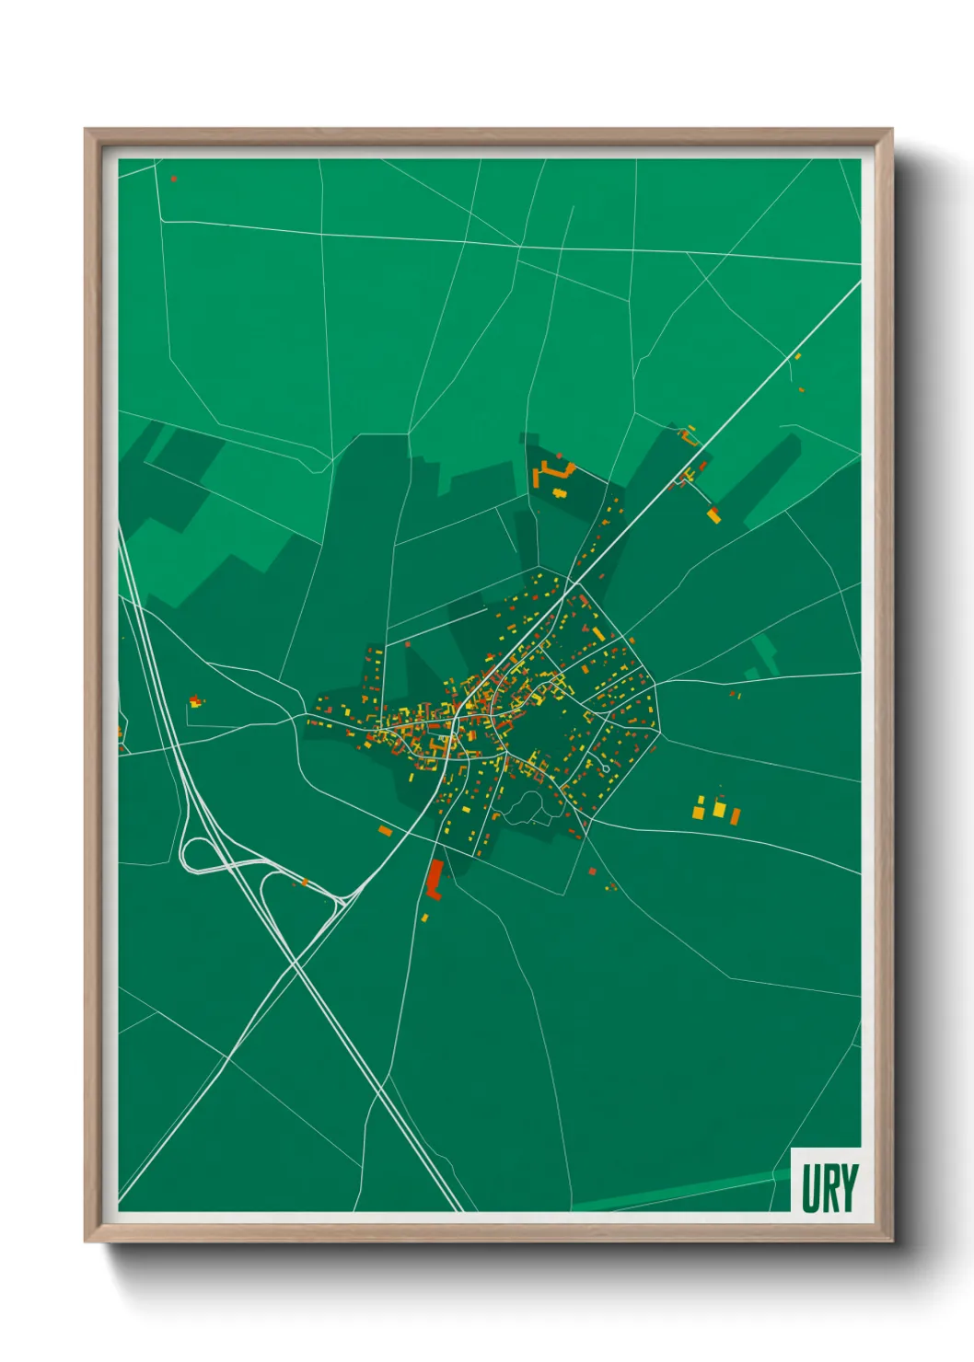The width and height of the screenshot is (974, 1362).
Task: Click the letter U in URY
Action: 810,1188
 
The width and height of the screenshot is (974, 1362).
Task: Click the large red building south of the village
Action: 435,878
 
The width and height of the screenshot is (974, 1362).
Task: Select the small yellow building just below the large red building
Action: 425,917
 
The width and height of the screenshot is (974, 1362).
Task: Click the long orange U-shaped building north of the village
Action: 551,473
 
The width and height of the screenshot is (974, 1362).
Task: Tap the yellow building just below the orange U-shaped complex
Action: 558,493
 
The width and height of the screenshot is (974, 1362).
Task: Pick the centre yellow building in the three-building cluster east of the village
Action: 719,809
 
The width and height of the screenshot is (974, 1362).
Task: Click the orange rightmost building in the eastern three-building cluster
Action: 736,815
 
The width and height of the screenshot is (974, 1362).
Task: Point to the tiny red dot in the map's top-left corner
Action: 173,179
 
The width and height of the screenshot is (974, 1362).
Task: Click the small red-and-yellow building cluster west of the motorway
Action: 195,702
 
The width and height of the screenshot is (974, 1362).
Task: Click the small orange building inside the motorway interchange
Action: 305,883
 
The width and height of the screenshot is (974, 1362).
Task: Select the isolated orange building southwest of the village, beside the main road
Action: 386,831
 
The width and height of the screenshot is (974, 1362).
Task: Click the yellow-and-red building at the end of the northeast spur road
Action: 713,514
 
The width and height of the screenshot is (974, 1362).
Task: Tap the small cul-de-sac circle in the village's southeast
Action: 605,768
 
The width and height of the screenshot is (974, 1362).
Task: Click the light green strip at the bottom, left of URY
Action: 681,1195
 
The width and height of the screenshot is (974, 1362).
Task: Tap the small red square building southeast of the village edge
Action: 592,871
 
